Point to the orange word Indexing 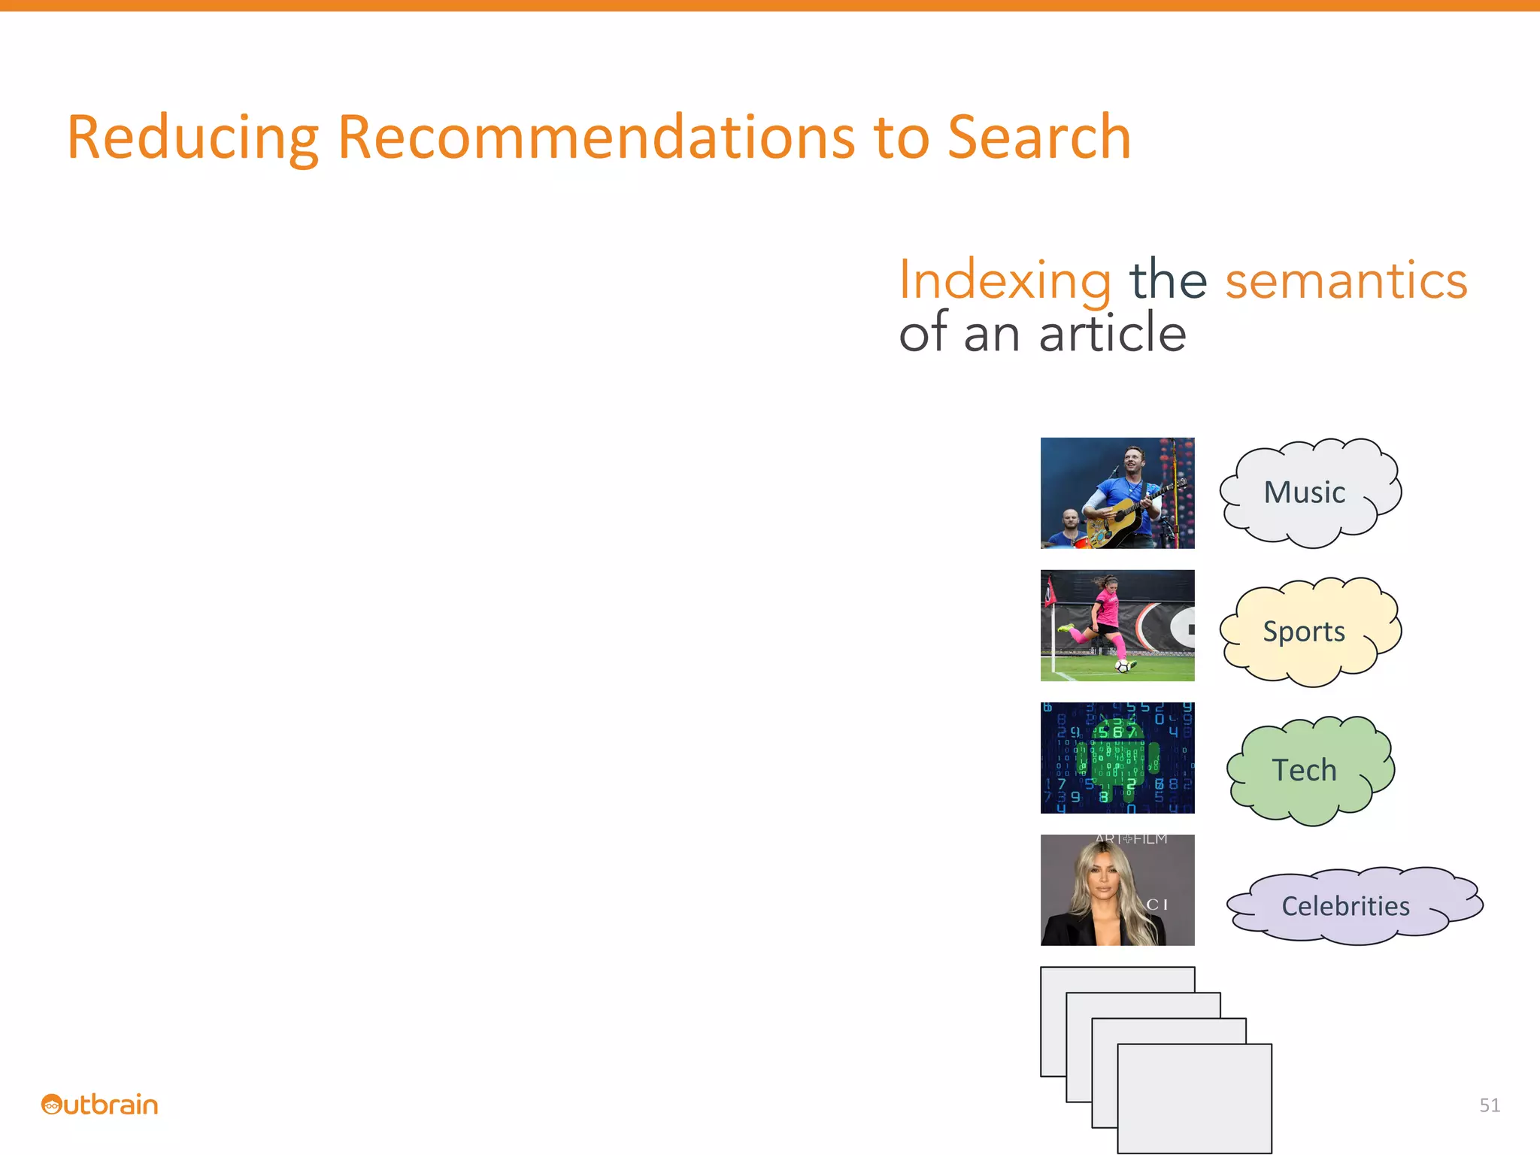point(1005,280)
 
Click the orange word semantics point(1346,280)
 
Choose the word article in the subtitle point(1112,333)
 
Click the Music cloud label point(1305,493)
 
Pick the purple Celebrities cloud point(1346,906)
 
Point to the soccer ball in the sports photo point(1123,666)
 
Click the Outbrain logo point(100,1105)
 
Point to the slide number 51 point(1489,1105)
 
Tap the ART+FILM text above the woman point(1131,839)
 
